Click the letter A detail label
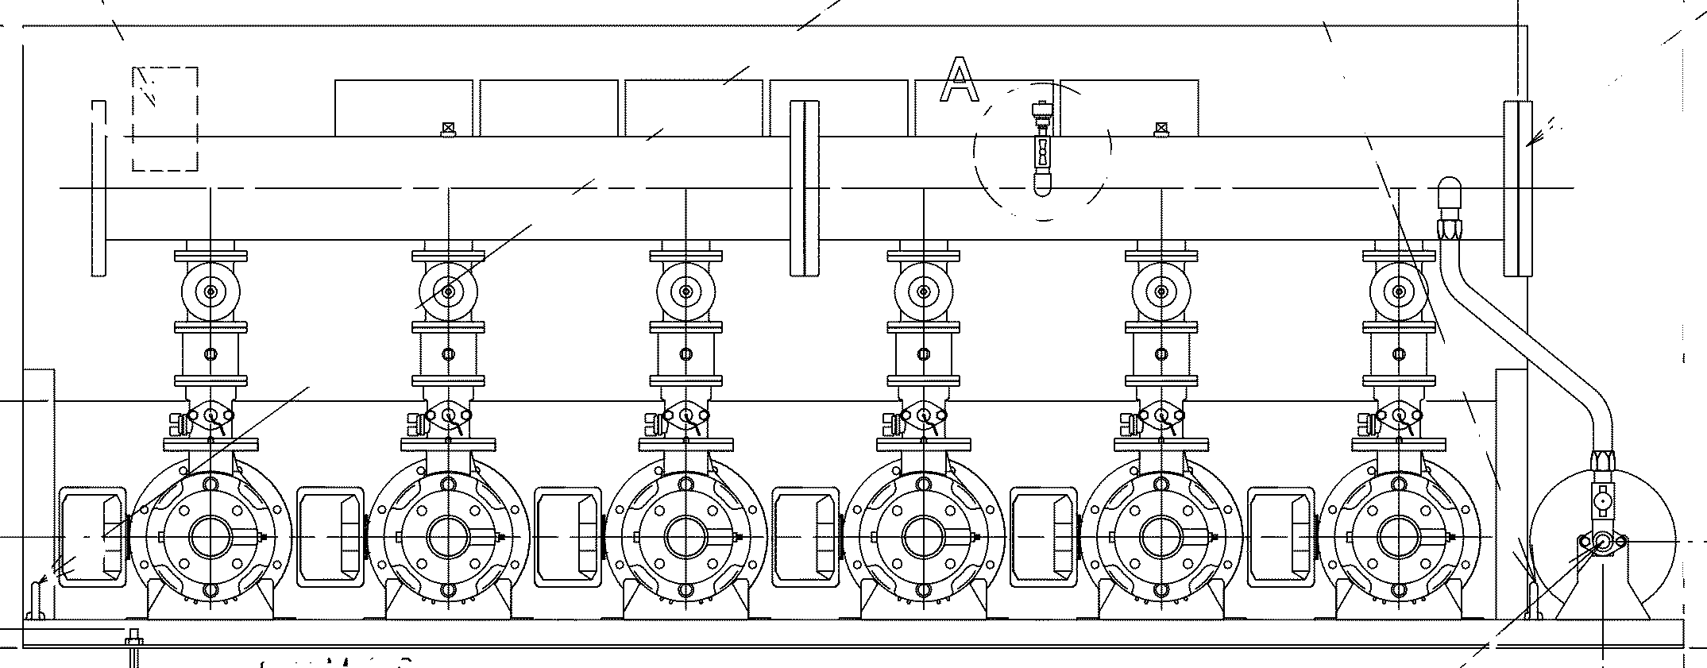[960, 80]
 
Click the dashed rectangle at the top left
[165, 119]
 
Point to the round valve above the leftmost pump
[210, 292]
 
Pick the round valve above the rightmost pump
[1399, 292]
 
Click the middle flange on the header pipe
[804, 188]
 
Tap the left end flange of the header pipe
[98, 188]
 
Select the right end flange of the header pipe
[1517, 188]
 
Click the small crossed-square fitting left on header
[448, 127]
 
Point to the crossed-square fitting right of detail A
[1161, 127]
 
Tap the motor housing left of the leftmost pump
[92, 538]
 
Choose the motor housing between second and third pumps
[568, 538]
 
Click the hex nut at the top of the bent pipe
[1450, 228]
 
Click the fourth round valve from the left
[924, 292]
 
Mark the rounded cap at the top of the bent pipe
[1450, 193]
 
